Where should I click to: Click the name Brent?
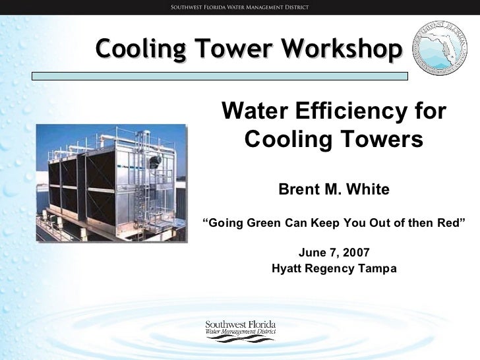301,190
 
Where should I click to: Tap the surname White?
368,190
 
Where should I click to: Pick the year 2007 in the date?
357,252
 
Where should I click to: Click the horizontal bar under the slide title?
220,76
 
